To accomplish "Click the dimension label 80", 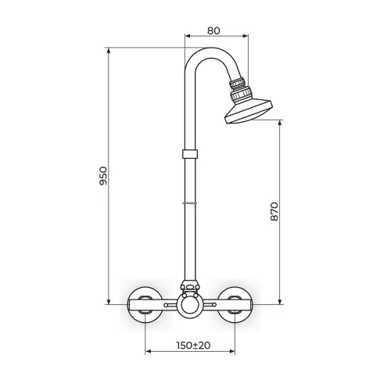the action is coord(213,30).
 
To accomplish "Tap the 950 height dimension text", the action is coord(103,176).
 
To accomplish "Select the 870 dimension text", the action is coord(274,211).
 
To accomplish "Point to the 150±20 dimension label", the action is coord(193,346).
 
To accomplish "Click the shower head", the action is coord(249,112).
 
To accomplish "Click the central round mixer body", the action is coord(190,305).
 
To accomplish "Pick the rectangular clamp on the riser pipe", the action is coord(190,154).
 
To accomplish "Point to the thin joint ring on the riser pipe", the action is coord(190,203).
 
